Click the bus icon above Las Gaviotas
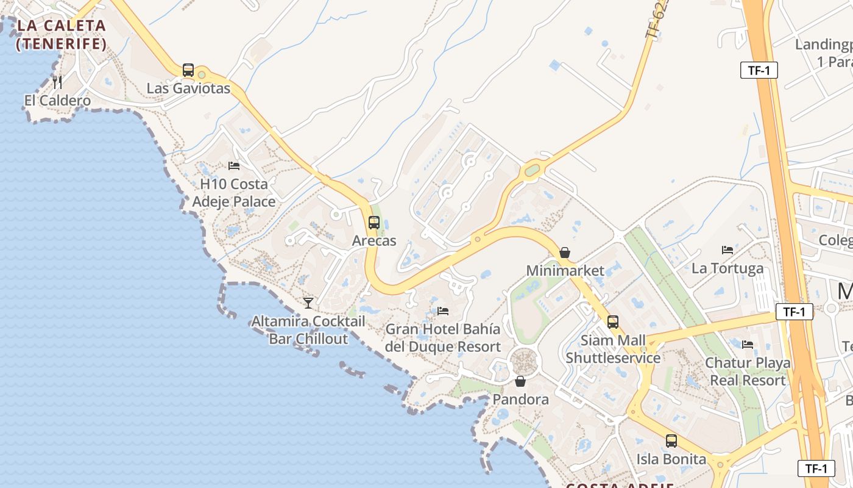188,70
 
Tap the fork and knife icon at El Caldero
57,82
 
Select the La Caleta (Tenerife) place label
61,35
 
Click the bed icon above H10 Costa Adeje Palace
234,165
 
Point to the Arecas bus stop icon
374,223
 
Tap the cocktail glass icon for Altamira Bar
308,303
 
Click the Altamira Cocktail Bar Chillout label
308,330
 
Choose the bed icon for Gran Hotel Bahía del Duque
443,311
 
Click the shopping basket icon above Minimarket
565,253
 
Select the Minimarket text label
565,270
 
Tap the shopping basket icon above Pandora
520,381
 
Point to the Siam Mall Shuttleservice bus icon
613,322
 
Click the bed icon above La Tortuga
727,249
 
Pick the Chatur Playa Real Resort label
748,371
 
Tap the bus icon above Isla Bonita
671,440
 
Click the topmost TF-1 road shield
759,70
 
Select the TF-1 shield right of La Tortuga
795,312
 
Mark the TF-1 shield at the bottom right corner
816,468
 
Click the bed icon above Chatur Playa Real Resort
748,345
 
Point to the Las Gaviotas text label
188,88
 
